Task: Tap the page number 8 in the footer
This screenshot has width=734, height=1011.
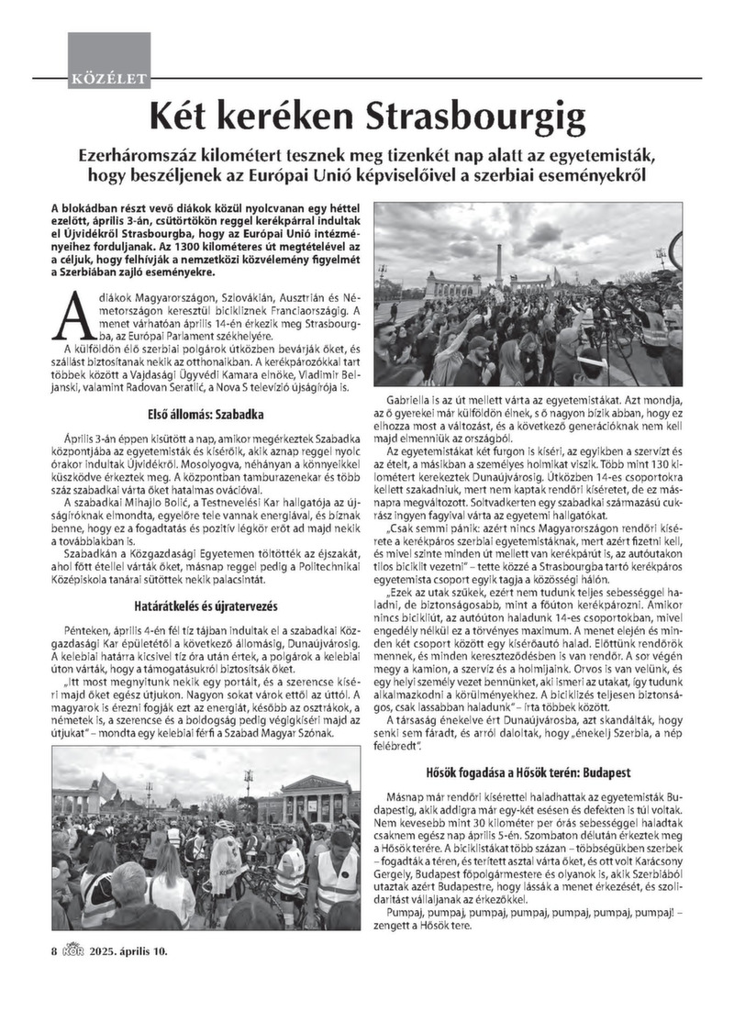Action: [54, 951]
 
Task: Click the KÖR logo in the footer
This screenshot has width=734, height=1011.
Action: [73, 950]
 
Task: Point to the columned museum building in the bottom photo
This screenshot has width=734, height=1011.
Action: [316, 797]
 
